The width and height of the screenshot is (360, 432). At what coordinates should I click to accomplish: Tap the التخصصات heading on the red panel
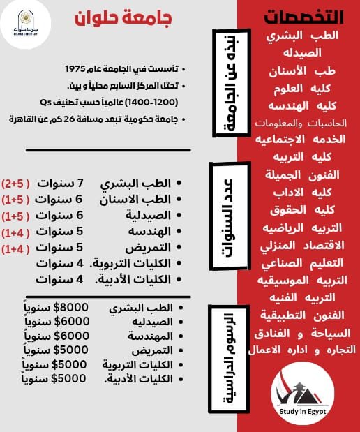coord(299,17)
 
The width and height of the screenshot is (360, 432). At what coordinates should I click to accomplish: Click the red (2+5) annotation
coord(16,184)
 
